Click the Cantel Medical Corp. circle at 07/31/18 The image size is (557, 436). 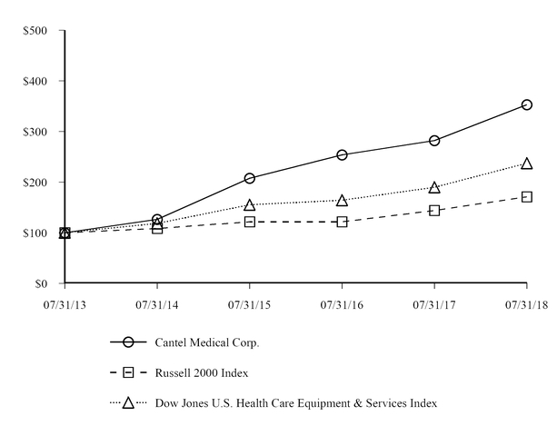526,105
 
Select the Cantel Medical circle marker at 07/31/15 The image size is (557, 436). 250,178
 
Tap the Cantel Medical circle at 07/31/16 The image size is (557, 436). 342,155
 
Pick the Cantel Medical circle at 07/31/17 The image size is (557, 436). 434,141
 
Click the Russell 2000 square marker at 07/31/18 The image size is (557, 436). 526,196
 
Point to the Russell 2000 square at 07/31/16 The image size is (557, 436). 342,222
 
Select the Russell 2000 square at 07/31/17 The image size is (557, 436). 434,210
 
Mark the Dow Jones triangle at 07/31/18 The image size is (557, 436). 526,163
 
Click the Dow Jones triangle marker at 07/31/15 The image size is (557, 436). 250,204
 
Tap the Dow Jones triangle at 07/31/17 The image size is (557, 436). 434,187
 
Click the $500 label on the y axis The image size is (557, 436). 35,31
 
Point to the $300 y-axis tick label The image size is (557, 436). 35,132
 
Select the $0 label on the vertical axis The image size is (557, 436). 43,284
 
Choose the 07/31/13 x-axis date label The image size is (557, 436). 65,304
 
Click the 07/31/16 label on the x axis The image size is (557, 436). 342,304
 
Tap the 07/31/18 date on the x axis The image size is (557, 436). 526,304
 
